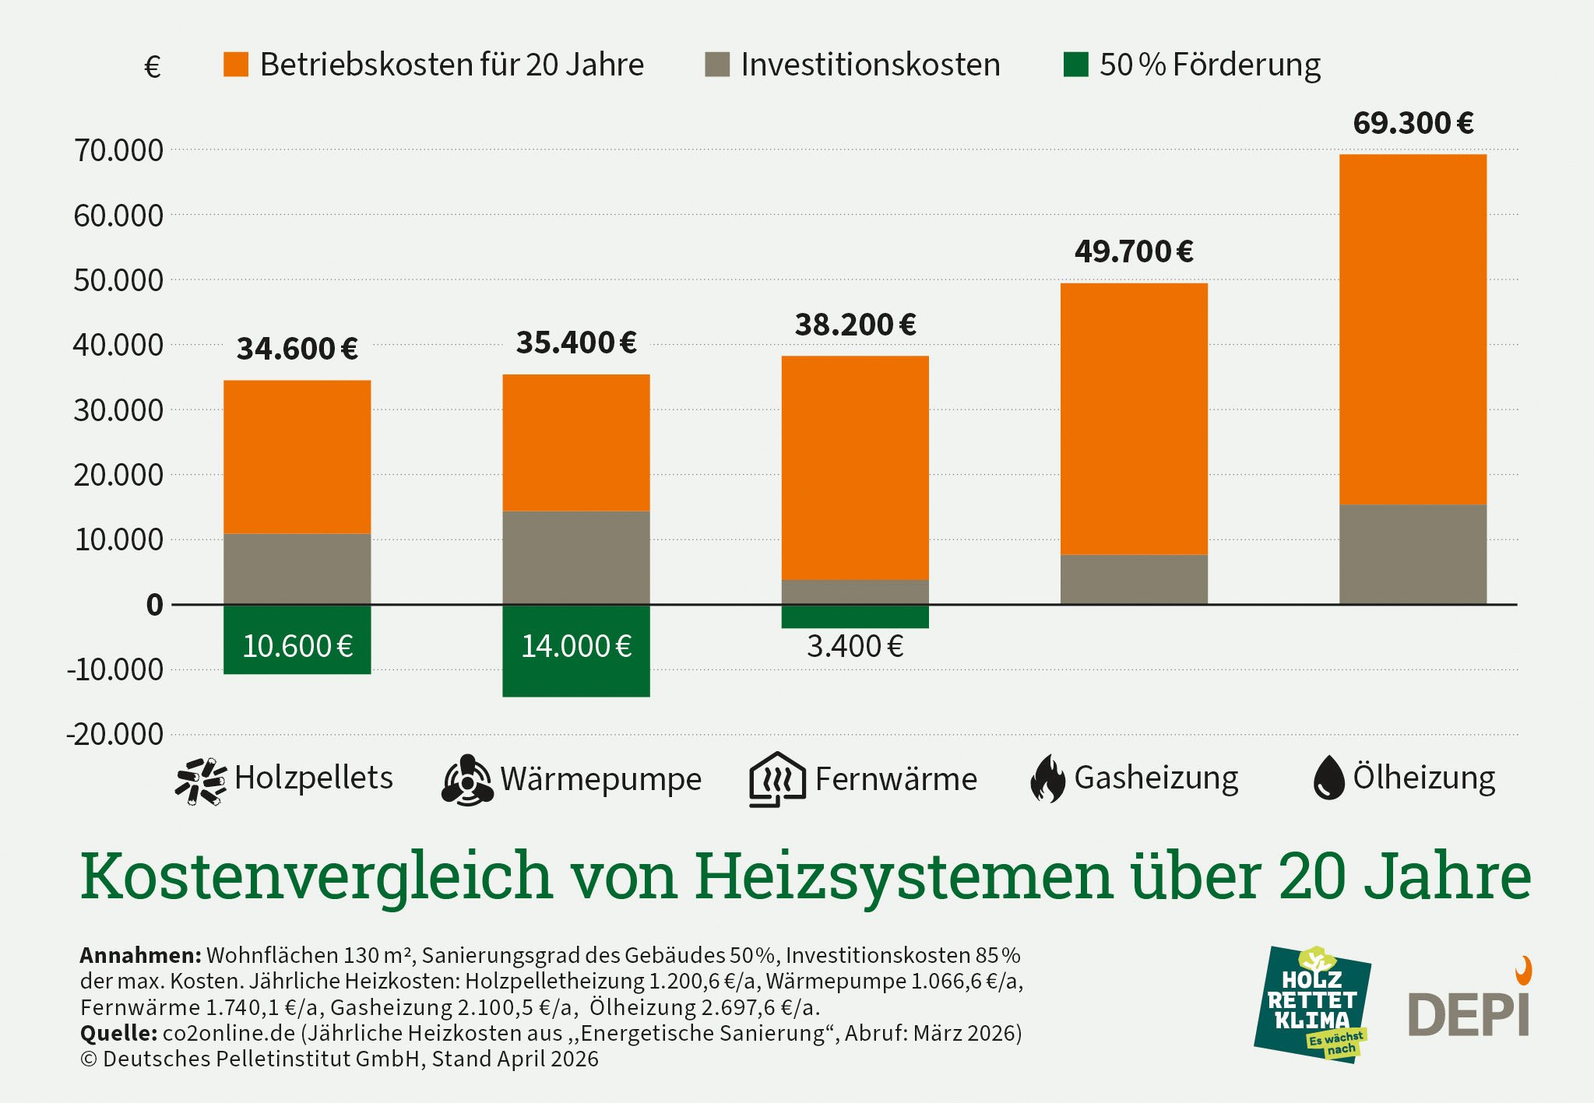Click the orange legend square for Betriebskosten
[236, 65]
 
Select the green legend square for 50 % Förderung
[1075, 65]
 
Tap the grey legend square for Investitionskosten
[716, 65]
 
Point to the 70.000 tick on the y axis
[118, 150]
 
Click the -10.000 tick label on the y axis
[115, 669]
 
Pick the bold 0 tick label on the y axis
[155, 605]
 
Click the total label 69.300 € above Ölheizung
[1413, 123]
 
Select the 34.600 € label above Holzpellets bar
[297, 349]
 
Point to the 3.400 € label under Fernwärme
[854, 647]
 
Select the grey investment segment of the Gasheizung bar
[1134, 579]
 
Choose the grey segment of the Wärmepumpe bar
[575, 557]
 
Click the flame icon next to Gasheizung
[1047, 778]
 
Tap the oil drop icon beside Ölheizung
[1328, 778]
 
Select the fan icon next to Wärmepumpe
[467, 780]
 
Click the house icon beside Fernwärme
[776, 779]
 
